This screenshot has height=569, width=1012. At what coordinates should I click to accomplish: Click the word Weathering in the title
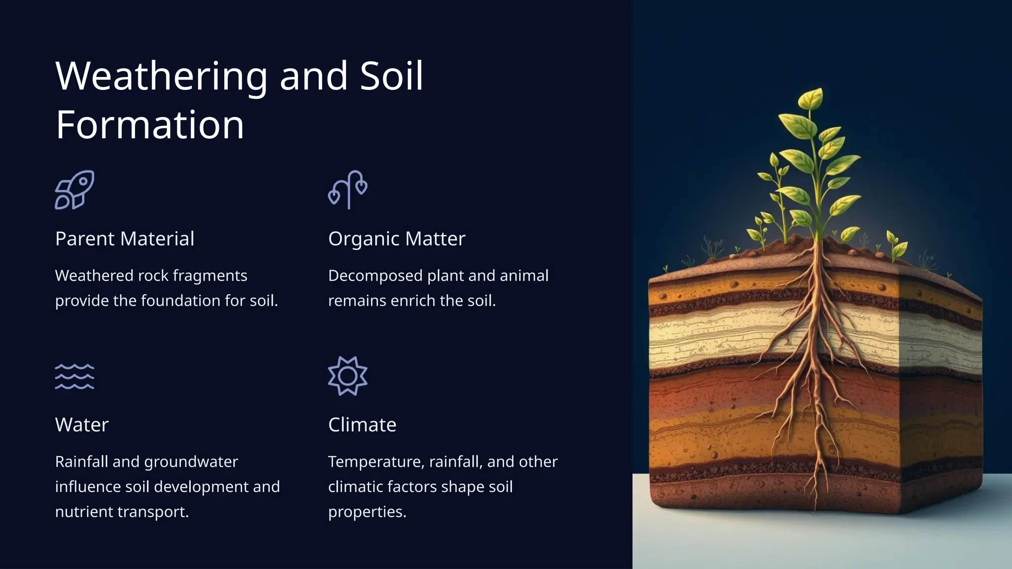click(x=161, y=77)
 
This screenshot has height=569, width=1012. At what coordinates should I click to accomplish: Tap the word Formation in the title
click(x=150, y=125)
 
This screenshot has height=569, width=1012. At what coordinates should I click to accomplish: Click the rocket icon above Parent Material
click(x=75, y=190)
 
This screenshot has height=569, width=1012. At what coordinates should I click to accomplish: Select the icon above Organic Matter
click(x=348, y=190)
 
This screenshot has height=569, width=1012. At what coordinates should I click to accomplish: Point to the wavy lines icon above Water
click(x=75, y=376)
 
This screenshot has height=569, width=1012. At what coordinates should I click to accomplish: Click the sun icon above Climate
click(x=348, y=376)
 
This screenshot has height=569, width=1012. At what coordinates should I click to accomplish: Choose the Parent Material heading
click(x=125, y=239)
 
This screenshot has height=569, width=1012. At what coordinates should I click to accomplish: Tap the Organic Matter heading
click(x=397, y=239)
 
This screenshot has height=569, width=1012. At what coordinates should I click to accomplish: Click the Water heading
click(x=82, y=425)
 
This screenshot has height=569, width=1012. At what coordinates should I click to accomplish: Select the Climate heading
click(x=362, y=425)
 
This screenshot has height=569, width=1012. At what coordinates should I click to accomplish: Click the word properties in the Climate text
click(x=367, y=512)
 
